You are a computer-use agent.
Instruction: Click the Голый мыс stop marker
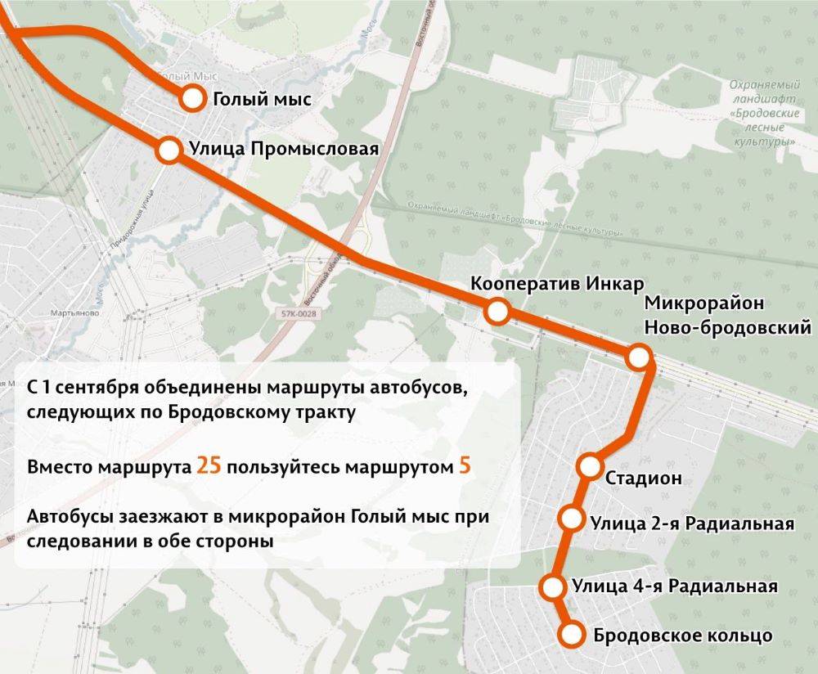(x=192, y=99)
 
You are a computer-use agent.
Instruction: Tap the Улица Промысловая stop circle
(x=169, y=150)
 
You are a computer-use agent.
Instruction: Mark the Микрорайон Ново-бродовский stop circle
(x=639, y=357)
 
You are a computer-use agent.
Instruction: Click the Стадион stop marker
(x=590, y=466)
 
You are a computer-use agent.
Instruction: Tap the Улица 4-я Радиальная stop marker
(x=553, y=586)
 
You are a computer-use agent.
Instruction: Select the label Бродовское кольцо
(x=682, y=635)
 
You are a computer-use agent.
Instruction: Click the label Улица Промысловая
(x=284, y=150)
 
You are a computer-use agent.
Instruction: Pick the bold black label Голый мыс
(x=263, y=100)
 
